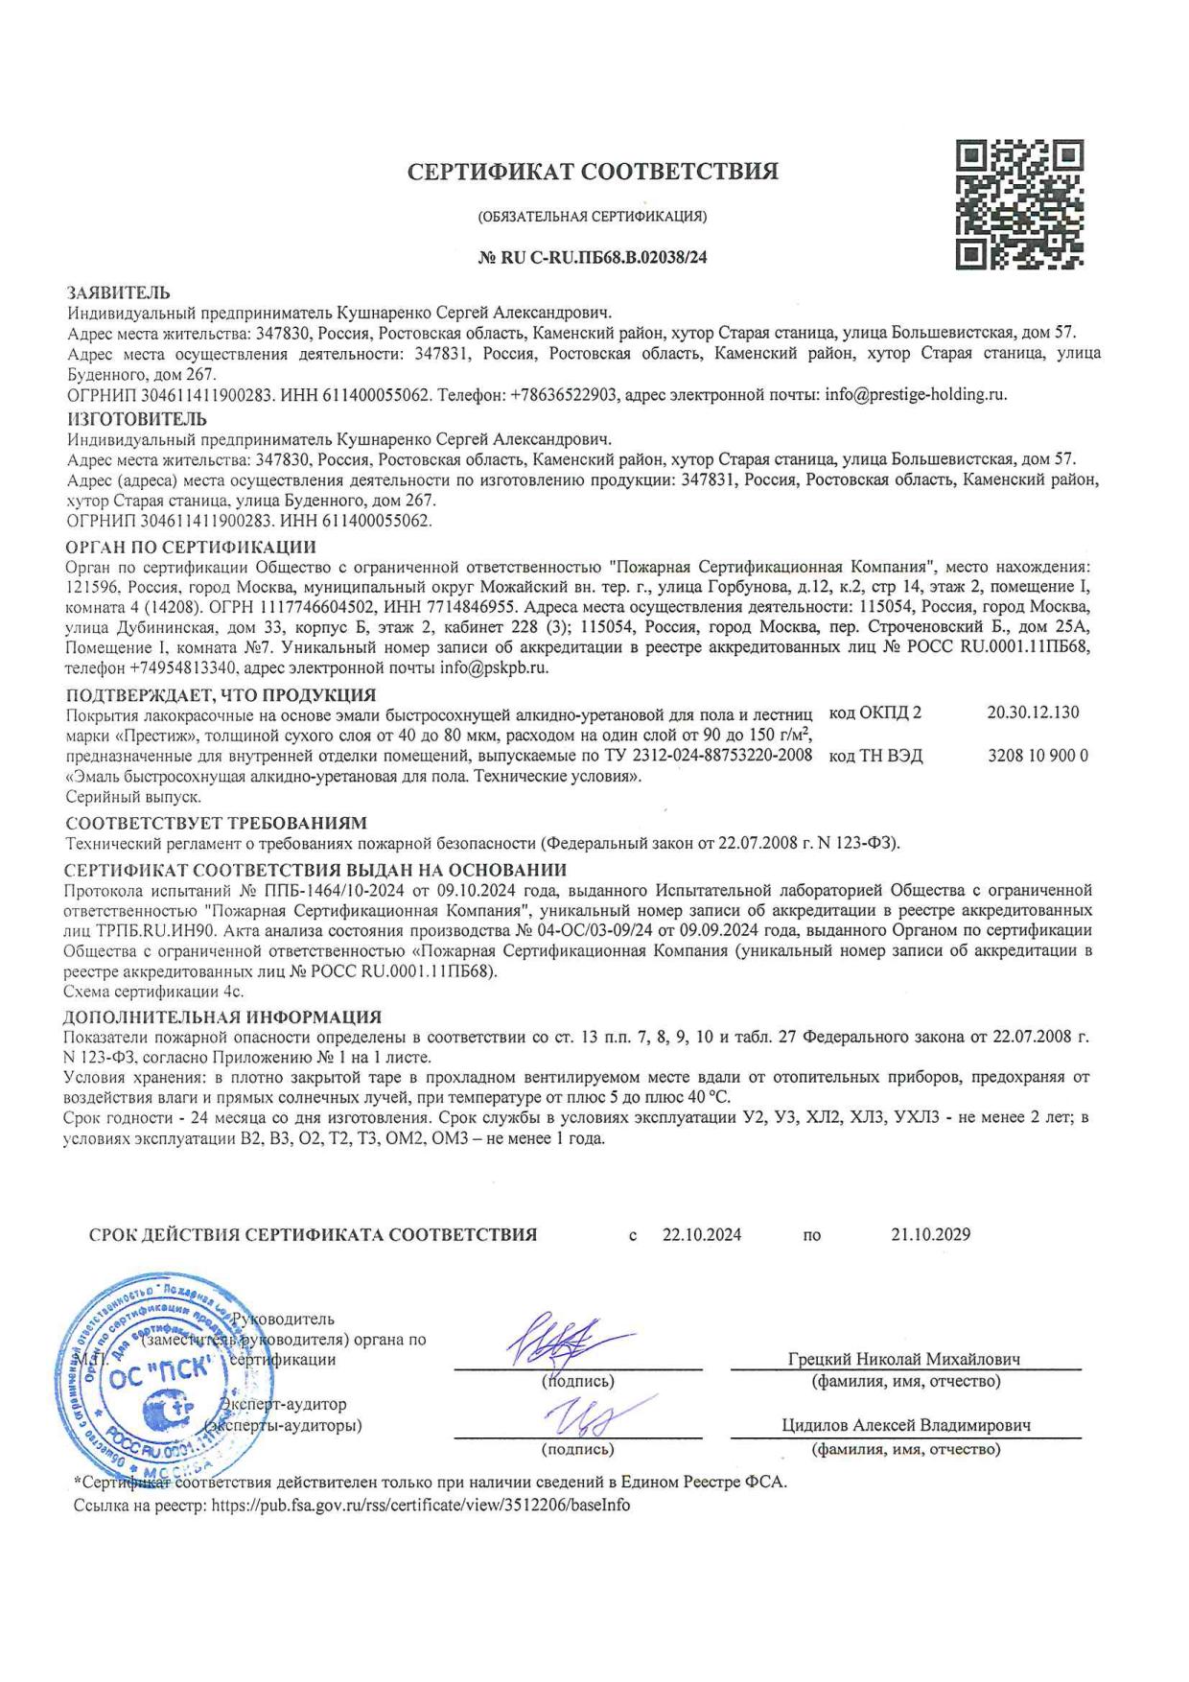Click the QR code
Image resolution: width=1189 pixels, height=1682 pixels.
click(1021, 203)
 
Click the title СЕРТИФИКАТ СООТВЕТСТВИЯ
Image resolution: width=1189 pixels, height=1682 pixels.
click(593, 173)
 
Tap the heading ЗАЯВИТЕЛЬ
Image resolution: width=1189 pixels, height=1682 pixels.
click(118, 292)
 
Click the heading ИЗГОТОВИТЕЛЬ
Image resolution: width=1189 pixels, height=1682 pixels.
click(136, 419)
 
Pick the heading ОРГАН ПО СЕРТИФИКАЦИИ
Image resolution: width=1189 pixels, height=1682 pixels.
click(190, 548)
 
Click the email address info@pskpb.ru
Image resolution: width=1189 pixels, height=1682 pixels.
click(494, 668)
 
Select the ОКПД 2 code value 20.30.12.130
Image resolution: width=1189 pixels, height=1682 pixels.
click(1033, 713)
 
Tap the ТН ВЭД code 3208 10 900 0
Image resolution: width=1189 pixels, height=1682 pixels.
click(1037, 756)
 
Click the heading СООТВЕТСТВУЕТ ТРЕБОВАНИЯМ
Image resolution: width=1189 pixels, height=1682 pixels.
click(216, 824)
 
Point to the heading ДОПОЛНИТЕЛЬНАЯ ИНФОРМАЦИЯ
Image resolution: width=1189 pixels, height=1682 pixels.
click(222, 1016)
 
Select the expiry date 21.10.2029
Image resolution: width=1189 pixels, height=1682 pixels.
click(930, 1234)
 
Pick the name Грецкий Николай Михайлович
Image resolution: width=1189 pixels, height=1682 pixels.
click(903, 1359)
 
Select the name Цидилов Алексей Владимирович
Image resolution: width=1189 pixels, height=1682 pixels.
click(906, 1426)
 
